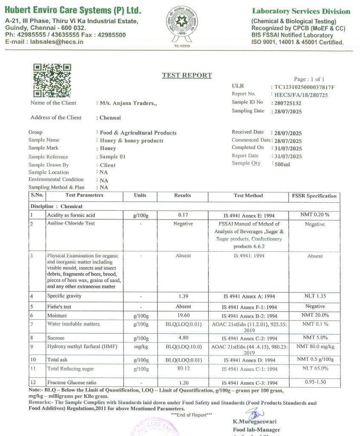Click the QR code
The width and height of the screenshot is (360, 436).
click(52, 80)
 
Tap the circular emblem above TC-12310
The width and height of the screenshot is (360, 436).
click(182, 24)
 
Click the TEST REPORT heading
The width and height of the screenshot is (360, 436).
click(187, 76)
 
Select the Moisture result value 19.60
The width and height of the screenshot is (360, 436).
click(183, 316)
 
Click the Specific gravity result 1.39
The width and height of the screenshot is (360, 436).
click(183, 296)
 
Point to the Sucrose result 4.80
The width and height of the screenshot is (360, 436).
click(183, 338)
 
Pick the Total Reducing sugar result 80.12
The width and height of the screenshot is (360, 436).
click(183, 368)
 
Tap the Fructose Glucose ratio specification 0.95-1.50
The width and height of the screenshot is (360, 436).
click(315, 382)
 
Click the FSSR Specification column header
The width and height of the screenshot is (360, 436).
click(314, 196)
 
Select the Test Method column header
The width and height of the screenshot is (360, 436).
click(249, 196)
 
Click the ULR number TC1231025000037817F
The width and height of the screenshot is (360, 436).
click(304, 87)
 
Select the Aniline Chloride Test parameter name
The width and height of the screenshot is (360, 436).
click(71, 224)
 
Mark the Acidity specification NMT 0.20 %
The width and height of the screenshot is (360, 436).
click(314, 215)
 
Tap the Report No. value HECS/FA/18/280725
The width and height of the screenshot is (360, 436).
click(301, 95)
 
